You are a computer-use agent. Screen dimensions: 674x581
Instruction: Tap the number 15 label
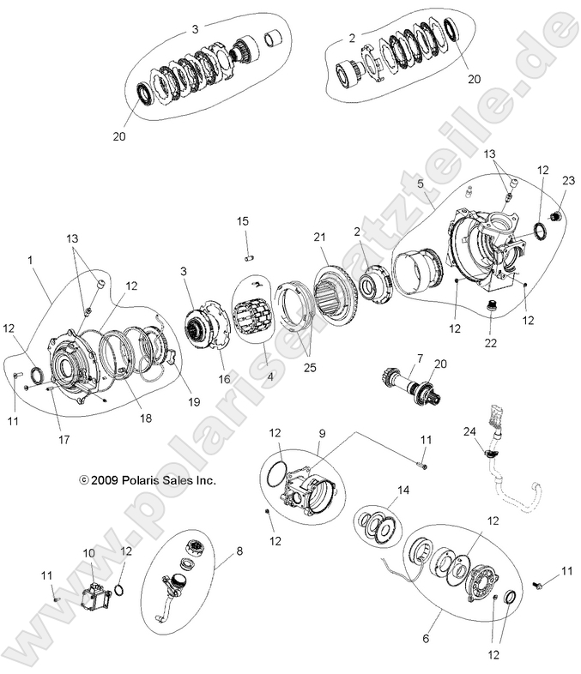coord(243,222)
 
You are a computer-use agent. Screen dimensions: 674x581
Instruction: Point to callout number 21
coord(320,237)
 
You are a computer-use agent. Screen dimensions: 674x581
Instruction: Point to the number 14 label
coord(403,490)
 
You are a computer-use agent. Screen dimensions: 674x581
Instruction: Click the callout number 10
coord(89,553)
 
